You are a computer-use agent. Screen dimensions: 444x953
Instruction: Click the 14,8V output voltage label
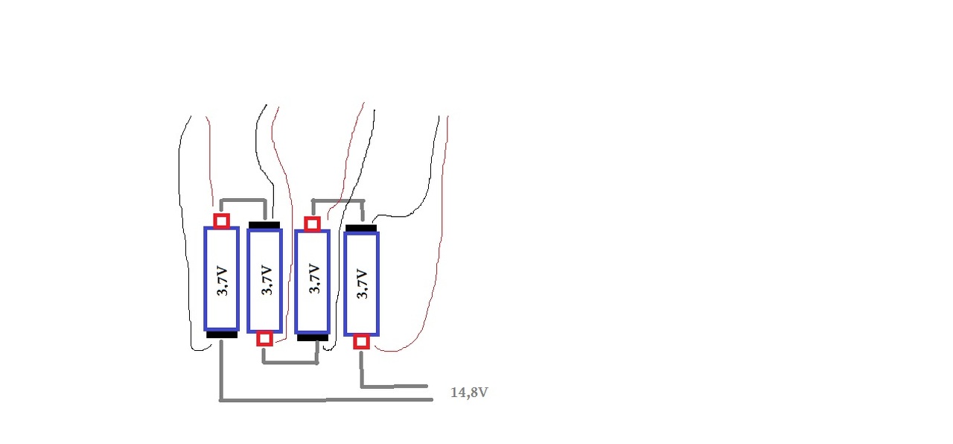(469, 393)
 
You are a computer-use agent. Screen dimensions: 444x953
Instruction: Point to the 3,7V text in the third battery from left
(313, 281)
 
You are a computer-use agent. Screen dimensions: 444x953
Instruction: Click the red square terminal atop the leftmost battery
(221, 221)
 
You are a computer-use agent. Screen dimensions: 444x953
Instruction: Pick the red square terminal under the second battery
(264, 339)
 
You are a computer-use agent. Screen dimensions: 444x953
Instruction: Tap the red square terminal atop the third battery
(312, 223)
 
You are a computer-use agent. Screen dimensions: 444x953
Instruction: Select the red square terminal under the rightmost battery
(361, 342)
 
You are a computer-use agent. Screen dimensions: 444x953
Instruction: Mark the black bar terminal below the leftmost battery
(222, 335)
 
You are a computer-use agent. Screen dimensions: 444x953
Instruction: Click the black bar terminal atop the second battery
(264, 224)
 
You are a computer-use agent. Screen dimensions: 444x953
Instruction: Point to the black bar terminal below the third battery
(313, 337)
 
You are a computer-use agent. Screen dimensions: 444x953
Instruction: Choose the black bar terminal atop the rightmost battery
(362, 227)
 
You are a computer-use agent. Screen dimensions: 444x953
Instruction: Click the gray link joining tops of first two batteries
(245, 200)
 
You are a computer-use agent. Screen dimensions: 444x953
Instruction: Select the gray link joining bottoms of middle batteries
(290, 363)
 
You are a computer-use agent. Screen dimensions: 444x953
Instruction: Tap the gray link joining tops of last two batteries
(338, 201)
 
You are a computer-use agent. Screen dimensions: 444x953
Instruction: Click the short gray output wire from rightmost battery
(395, 387)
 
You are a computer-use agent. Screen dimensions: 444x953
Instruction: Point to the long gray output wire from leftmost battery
(328, 400)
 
